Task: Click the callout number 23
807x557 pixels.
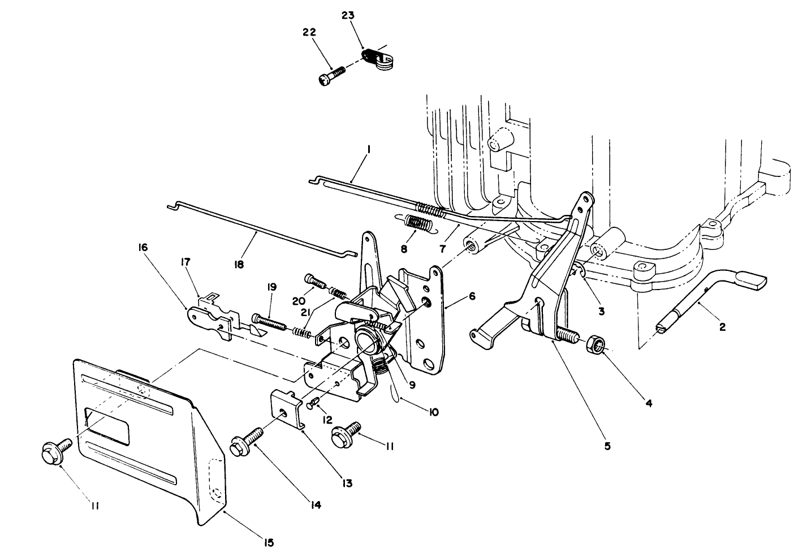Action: point(347,15)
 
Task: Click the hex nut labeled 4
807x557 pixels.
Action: point(596,343)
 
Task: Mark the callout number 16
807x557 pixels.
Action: point(142,248)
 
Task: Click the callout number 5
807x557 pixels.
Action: point(607,446)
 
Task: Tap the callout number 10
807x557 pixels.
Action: point(433,413)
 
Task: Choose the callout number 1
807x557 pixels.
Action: point(368,149)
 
